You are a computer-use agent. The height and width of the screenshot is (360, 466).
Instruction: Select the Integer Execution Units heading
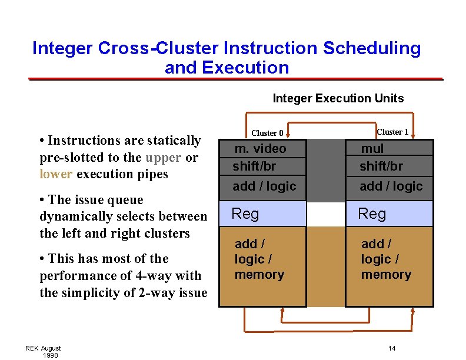[x=338, y=98]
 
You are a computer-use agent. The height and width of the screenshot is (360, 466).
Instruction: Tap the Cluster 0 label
[x=267, y=133]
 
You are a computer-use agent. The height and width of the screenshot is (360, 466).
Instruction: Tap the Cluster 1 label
[x=392, y=132]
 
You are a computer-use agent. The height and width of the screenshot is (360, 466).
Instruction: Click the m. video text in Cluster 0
[x=260, y=149]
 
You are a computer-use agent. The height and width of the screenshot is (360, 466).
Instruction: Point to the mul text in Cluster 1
[x=372, y=149]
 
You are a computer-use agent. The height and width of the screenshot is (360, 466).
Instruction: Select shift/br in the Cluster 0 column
[x=254, y=166]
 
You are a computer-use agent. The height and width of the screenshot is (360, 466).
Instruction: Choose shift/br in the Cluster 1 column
[x=381, y=166]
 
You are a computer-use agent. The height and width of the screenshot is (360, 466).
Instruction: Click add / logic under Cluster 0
[x=264, y=186]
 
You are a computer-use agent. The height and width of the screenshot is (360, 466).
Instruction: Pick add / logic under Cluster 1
[x=391, y=186]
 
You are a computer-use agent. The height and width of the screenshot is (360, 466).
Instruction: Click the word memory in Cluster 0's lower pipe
[x=259, y=275]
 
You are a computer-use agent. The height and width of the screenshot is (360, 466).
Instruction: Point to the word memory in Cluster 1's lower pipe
[x=386, y=275]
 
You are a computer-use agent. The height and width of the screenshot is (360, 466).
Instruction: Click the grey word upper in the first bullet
[x=163, y=158]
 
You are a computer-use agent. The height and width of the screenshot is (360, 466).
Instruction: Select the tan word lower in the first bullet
[x=55, y=174]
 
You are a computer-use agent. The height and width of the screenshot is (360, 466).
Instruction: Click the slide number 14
[x=392, y=349]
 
